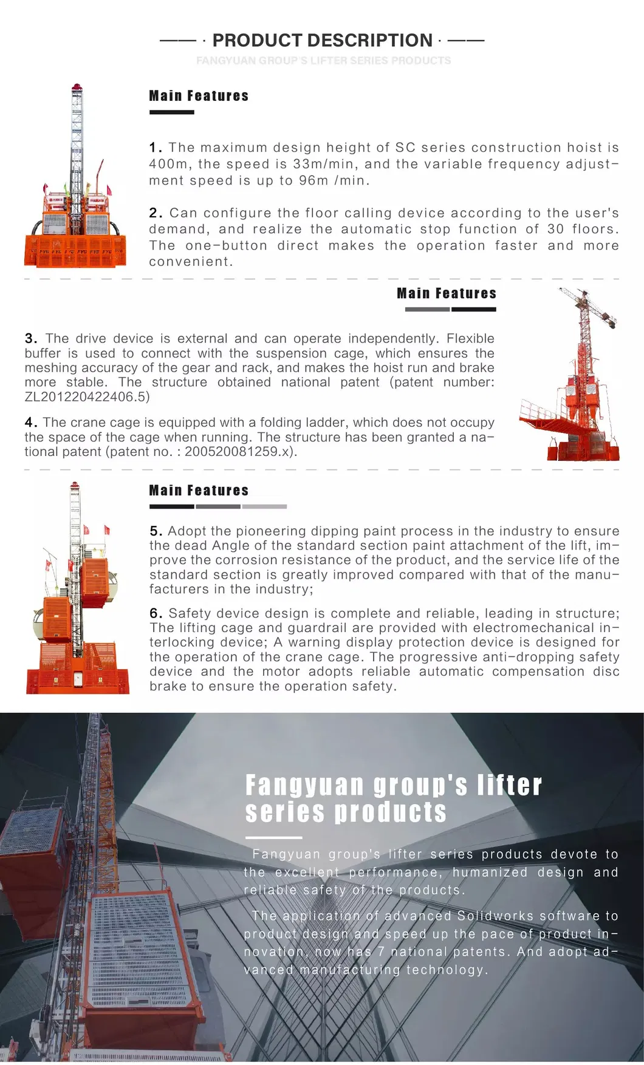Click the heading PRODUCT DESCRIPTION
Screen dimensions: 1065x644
coord(322,41)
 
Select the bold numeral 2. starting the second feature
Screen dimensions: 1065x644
coord(156,213)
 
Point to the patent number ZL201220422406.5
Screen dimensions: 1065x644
coord(87,397)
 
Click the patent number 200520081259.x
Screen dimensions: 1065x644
coord(239,452)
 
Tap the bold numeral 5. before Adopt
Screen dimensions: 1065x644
coord(156,531)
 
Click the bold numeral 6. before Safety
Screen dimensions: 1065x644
coord(156,614)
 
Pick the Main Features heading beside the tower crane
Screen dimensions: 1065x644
coord(447,293)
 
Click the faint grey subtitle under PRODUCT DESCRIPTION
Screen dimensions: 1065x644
coord(323,61)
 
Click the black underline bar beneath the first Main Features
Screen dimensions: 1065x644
coord(172,112)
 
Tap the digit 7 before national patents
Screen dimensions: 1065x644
coord(381,952)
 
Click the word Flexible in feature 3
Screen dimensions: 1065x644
coord(470,338)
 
